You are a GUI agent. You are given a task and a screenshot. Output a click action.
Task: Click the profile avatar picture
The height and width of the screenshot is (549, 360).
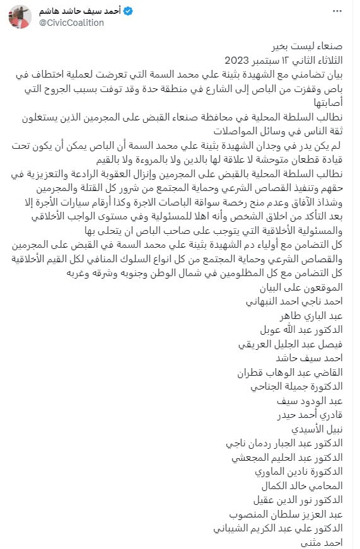coord(20,18)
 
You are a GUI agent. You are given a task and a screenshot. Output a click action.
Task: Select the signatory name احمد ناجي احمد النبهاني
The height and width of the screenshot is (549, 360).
coord(293,301)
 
